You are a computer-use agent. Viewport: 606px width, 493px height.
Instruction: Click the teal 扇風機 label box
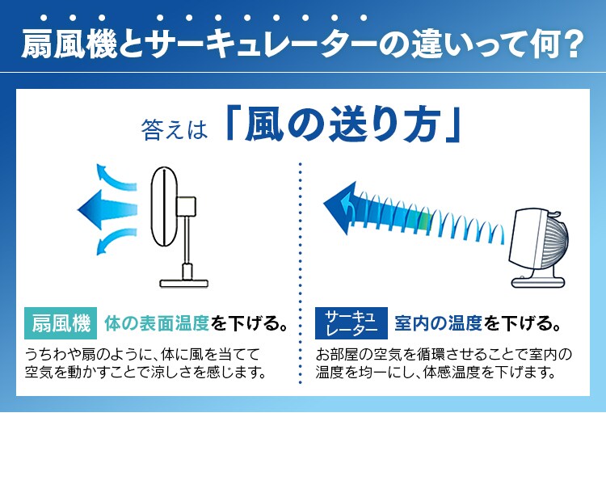(61, 324)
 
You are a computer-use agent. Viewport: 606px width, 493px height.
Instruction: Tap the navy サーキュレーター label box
(351, 324)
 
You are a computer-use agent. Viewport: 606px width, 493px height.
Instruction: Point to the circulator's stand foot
(539, 280)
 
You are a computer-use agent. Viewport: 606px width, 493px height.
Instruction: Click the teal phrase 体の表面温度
(157, 324)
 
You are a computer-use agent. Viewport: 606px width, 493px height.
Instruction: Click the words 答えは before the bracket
(175, 128)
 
